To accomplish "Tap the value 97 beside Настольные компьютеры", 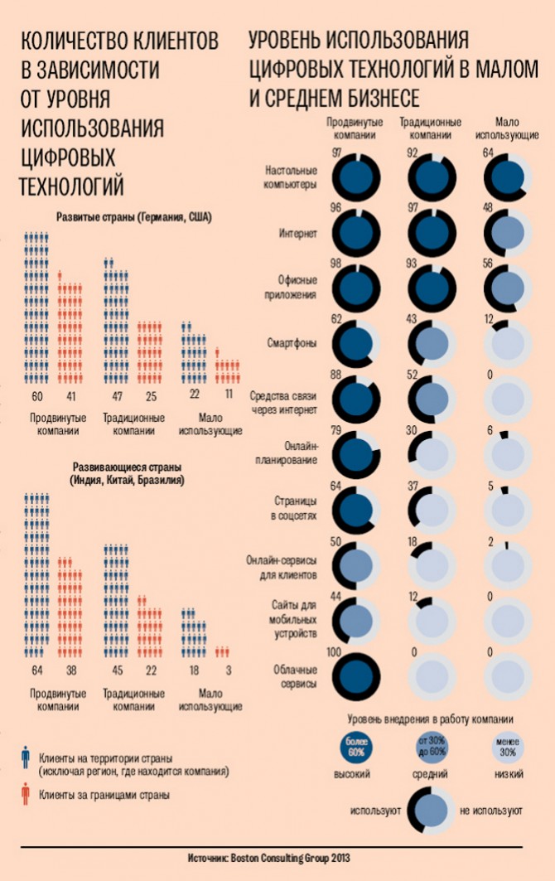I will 336,152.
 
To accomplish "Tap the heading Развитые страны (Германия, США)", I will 133,218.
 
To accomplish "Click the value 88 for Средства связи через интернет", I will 336,375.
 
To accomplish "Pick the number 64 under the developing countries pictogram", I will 36,670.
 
